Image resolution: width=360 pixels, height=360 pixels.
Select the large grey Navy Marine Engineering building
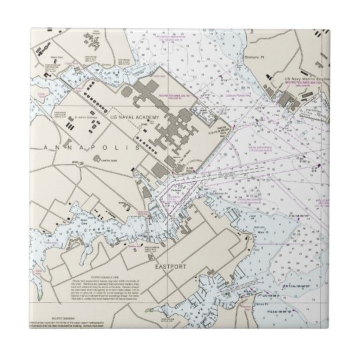click(x=294, y=101)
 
